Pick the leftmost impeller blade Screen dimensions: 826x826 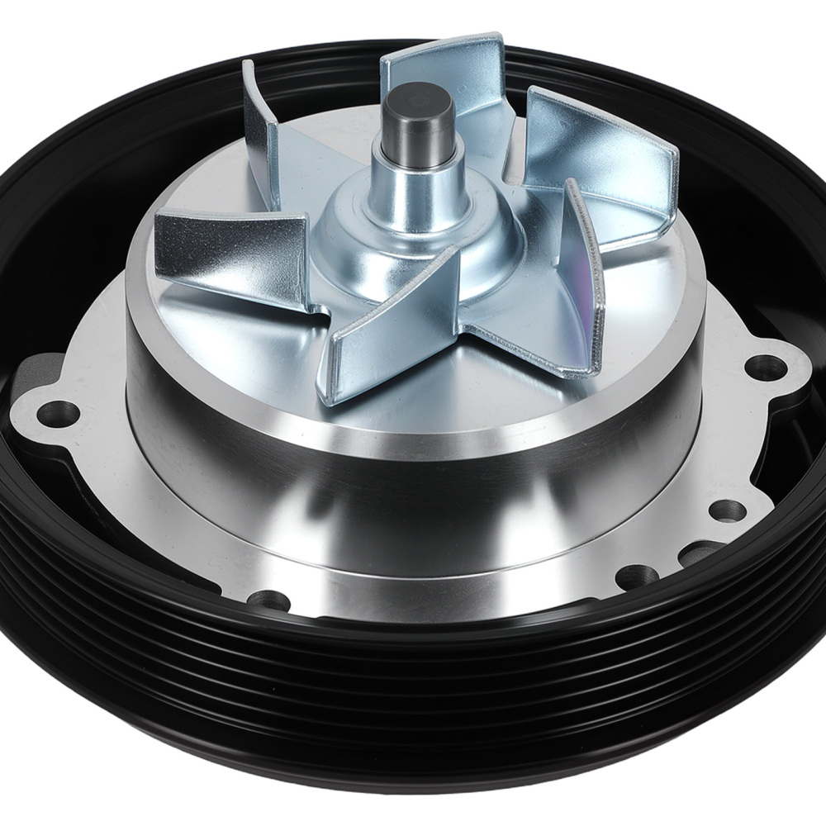pyautogui.click(x=231, y=252)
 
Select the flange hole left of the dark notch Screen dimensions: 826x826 pyautogui.click(x=634, y=572)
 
